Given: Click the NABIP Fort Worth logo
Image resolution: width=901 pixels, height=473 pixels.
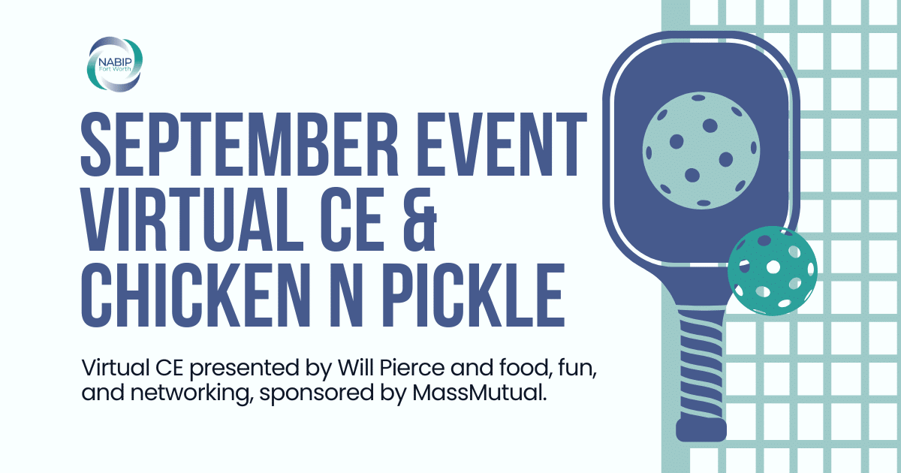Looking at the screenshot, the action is tap(115, 65).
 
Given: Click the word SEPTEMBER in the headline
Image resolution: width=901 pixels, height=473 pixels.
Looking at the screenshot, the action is tap(240, 145).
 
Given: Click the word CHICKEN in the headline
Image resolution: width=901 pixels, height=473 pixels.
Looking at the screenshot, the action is tap(196, 295).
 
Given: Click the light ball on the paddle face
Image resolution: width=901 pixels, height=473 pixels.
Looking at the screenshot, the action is tap(701, 150).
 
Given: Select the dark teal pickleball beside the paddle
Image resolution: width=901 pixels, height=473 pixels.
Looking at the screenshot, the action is tap(773, 271).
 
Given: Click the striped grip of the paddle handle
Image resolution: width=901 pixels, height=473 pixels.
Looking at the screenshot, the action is tap(702, 366).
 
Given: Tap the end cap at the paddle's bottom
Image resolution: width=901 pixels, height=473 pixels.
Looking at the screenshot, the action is tap(701, 430).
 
